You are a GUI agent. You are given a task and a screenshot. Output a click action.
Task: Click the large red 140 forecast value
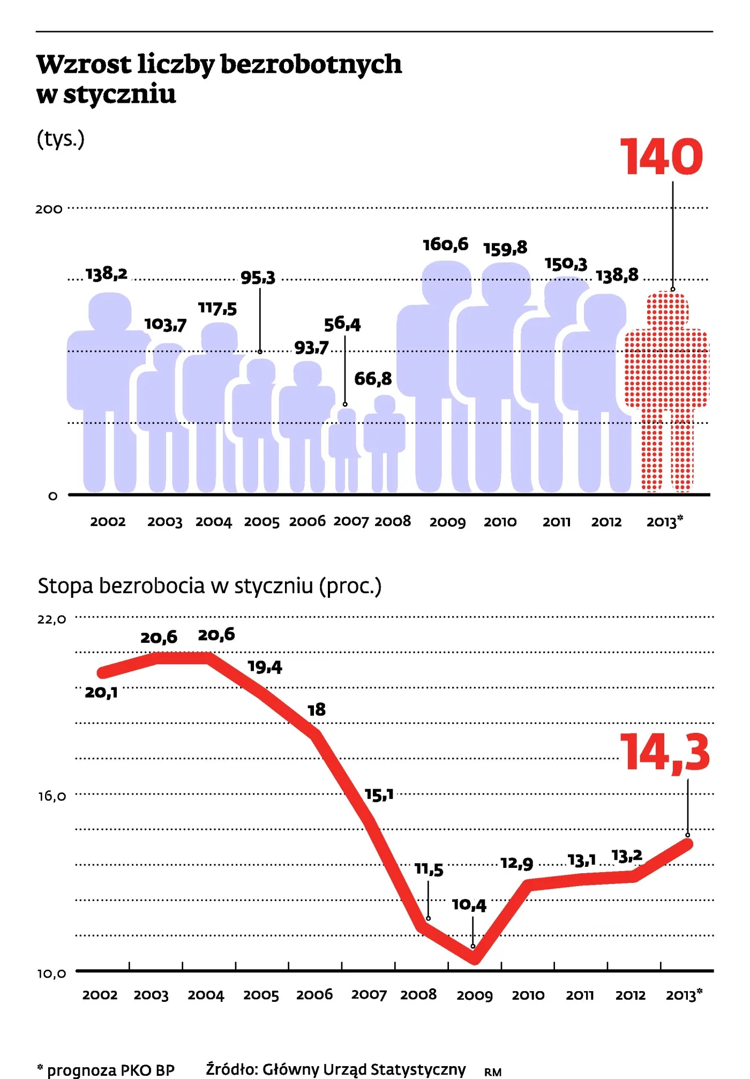(x=661, y=156)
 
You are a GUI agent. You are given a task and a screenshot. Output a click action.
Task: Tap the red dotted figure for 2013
(x=667, y=392)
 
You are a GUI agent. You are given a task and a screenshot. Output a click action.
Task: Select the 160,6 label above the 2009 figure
(x=446, y=245)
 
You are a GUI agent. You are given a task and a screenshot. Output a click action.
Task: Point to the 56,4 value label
(x=342, y=324)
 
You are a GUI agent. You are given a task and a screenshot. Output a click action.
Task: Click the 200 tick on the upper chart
(x=49, y=209)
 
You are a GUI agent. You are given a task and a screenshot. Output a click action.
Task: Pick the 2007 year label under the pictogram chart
(x=351, y=521)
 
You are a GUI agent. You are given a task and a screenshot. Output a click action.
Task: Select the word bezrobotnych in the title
(x=311, y=65)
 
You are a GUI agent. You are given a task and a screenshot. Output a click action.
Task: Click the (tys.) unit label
(x=61, y=139)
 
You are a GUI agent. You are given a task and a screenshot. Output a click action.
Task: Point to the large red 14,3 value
(x=665, y=753)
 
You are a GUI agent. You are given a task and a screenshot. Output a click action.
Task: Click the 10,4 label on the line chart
(x=469, y=905)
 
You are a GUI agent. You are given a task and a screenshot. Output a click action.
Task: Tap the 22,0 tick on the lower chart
(x=51, y=619)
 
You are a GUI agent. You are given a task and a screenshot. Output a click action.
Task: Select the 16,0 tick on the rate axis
(x=51, y=796)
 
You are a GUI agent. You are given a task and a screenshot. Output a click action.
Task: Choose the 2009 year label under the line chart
(x=475, y=995)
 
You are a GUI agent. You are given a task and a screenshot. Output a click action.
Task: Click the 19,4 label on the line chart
(x=265, y=667)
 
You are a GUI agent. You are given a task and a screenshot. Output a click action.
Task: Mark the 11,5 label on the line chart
(x=429, y=869)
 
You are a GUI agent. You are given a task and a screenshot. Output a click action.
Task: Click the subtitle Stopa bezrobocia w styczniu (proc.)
(x=209, y=586)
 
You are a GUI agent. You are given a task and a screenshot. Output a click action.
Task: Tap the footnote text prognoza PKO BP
(x=111, y=1070)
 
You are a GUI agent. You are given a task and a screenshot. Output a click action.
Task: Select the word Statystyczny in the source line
(x=418, y=1069)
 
